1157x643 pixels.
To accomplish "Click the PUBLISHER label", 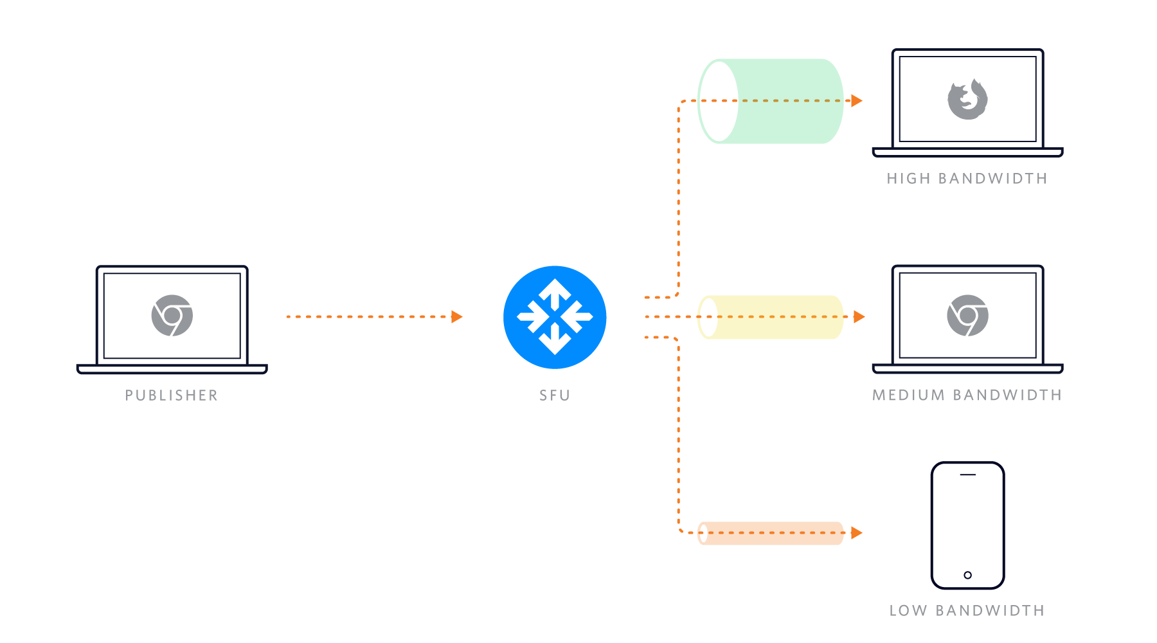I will (172, 395).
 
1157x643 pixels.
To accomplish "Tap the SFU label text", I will (555, 395).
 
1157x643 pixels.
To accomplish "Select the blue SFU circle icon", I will (555, 317).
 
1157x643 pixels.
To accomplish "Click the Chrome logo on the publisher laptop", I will (172, 316).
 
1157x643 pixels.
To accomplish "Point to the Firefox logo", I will (967, 100).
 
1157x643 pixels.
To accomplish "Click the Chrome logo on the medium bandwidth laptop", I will (967, 316).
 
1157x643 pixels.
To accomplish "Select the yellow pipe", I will (778, 317).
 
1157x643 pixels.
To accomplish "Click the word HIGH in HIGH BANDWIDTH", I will (909, 179).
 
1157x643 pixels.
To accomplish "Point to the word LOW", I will (908, 611).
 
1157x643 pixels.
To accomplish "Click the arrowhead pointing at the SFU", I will (457, 316).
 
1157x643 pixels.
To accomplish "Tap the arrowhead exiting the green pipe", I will (856, 100).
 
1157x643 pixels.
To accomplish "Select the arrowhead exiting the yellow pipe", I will (859, 316).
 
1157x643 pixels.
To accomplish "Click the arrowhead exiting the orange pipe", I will (856, 532).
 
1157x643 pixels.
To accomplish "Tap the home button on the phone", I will (967, 575).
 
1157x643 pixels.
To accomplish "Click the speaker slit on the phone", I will (967, 475).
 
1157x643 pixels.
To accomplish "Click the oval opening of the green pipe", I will (718, 101).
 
